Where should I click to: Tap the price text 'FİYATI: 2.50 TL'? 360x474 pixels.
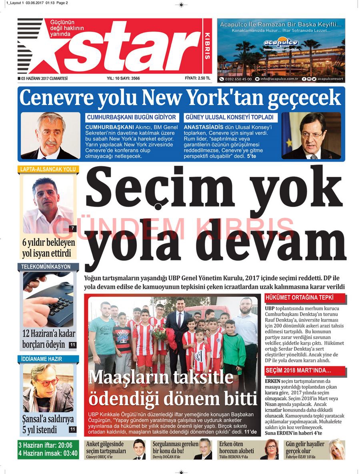(197, 78)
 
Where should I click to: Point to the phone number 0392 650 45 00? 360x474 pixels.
(238, 79)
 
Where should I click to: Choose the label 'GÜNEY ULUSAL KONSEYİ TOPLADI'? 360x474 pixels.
(230, 117)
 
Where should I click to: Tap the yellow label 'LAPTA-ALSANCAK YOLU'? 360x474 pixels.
(48, 169)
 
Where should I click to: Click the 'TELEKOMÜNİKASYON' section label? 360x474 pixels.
(46, 266)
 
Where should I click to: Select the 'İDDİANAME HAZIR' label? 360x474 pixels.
(42, 359)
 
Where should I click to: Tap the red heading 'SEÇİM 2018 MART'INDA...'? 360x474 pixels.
(298, 371)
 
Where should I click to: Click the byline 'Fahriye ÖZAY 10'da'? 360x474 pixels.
(300, 457)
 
